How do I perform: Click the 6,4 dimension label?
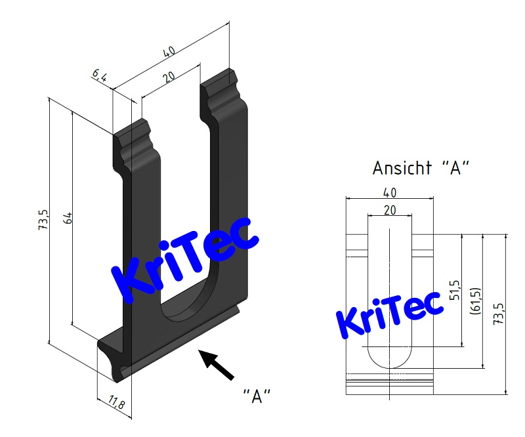pyautogui.click(x=99, y=75)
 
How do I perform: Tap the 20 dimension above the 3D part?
pyautogui.click(x=169, y=77)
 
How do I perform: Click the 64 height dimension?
pyautogui.click(x=67, y=219)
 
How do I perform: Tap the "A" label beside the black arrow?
pyautogui.click(x=257, y=395)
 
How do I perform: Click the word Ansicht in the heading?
pyautogui.click(x=400, y=168)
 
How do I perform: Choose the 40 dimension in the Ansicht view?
pyautogui.click(x=390, y=192)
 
